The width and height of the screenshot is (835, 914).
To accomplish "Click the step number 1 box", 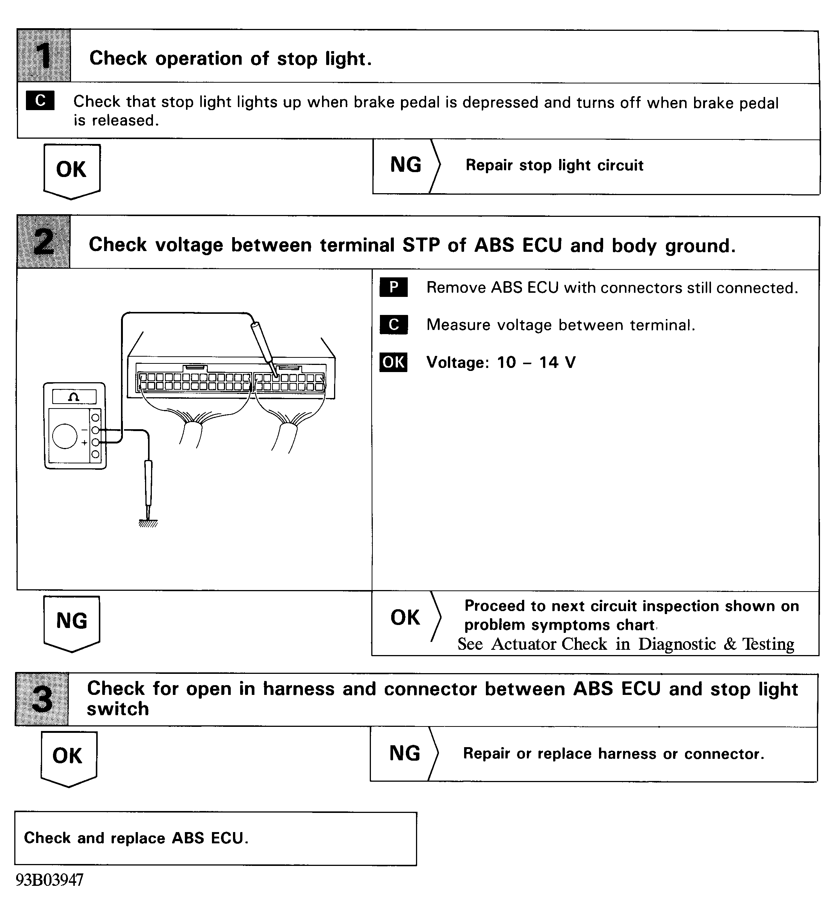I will (x=44, y=56).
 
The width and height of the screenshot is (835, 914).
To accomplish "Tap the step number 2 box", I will (x=44, y=242).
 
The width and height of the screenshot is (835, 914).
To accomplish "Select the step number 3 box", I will (x=42, y=699).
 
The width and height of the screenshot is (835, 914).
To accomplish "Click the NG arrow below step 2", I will (x=72, y=622).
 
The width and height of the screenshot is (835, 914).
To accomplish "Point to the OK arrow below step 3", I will (x=68, y=758).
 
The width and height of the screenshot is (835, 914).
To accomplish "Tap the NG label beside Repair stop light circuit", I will (x=406, y=165).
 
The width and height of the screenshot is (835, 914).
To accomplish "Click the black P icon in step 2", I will (x=393, y=287).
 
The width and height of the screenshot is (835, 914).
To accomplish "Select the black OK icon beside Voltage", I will (x=393, y=362).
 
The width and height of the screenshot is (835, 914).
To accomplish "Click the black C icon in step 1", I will (x=40, y=101).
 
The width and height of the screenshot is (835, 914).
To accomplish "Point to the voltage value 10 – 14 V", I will (x=536, y=363).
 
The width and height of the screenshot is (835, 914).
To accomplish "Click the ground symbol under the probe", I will (x=148, y=523).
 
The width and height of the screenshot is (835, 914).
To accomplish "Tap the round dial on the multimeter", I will (x=65, y=436).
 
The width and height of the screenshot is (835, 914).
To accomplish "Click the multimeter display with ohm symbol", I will (x=74, y=397).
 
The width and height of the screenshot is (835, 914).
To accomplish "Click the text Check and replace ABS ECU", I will (x=136, y=838).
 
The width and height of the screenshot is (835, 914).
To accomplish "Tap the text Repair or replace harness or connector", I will (x=613, y=754).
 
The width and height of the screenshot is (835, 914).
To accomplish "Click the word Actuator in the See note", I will (x=549, y=644).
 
